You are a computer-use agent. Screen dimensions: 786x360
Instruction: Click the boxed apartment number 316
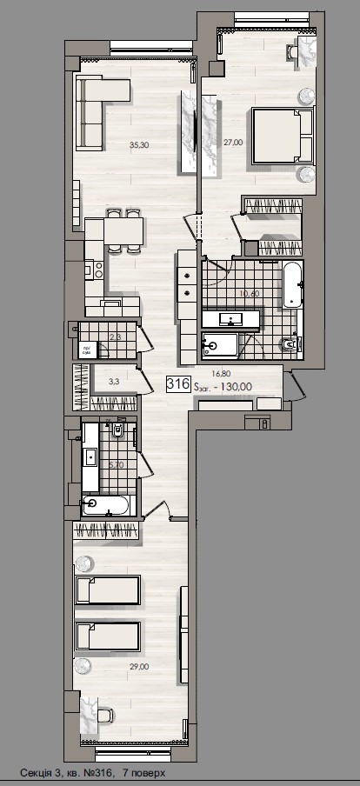(x=180, y=382)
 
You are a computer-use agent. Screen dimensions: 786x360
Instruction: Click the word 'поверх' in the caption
(x=144, y=773)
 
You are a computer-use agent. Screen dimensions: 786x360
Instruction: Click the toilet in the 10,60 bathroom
(x=290, y=346)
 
